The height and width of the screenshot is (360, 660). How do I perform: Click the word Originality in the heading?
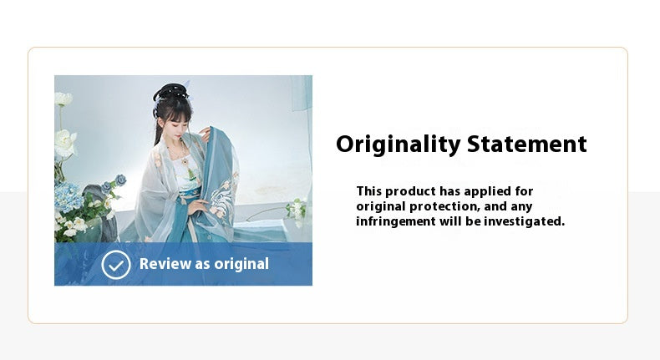point(399,145)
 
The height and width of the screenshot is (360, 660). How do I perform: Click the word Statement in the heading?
point(527,145)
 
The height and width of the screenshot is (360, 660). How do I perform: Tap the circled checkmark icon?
point(116,264)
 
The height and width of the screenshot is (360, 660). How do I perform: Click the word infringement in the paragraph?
point(396,221)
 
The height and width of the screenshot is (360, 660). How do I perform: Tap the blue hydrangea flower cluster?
point(70,197)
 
